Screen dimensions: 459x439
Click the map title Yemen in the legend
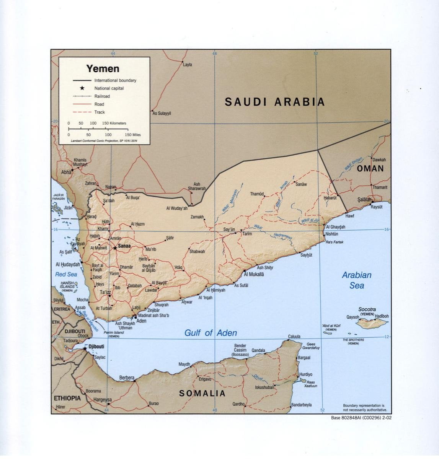[103, 69]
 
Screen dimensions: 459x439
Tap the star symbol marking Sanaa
[115, 248]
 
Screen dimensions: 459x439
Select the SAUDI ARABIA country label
[274, 102]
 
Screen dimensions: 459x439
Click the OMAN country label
[370, 169]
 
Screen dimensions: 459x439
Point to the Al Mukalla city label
[254, 274]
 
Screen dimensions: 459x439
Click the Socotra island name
[367, 309]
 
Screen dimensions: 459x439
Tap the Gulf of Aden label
[211, 333]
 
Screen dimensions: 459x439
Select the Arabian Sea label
[356, 280]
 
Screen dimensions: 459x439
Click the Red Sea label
[66, 274]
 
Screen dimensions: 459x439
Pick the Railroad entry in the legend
[102, 96]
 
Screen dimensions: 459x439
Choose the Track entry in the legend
[100, 112]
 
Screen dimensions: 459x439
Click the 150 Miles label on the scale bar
[133, 135]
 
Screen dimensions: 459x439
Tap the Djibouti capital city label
[96, 347]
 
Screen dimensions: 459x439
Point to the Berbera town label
[127, 378]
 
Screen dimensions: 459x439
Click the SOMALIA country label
[202, 393]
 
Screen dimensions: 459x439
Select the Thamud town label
[257, 194]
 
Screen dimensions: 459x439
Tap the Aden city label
[141, 321]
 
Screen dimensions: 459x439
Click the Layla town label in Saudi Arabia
[188, 65]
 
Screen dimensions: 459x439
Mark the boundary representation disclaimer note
[363, 407]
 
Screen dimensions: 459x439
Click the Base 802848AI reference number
[361, 418]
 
